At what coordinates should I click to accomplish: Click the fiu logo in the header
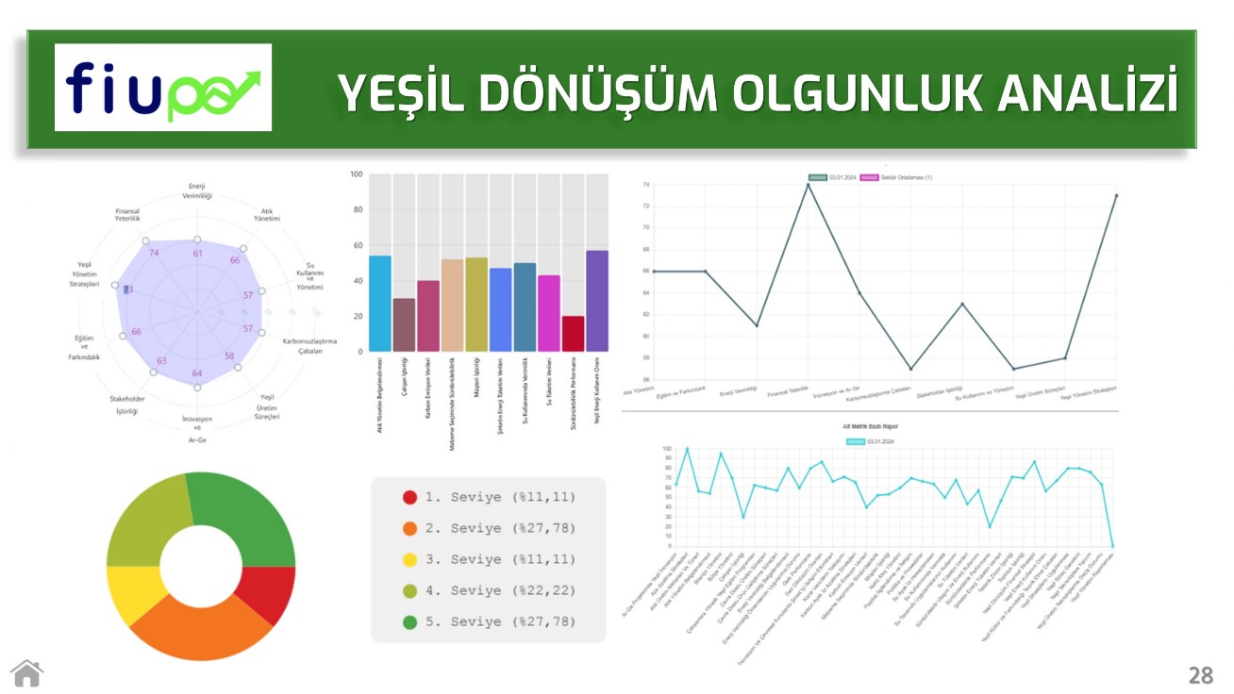click(162, 88)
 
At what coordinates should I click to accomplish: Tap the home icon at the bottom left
click(27, 673)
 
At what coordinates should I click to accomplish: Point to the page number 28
click(1200, 675)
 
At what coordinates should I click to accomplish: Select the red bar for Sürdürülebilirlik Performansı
click(573, 334)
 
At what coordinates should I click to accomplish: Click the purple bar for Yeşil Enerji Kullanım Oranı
click(596, 301)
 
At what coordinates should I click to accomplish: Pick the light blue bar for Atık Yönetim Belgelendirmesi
click(380, 304)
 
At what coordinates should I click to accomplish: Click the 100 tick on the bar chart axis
click(357, 174)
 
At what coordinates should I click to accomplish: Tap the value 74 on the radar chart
click(154, 253)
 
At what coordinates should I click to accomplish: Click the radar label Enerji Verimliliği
click(197, 191)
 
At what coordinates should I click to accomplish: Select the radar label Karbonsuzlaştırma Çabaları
click(309, 345)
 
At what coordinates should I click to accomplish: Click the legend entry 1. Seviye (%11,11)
click(487, 497)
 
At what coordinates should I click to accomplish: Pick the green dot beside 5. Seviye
click(409, 622)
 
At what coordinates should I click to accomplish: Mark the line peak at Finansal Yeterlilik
click(808, 185)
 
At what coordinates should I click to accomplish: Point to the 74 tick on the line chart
click(645, 185)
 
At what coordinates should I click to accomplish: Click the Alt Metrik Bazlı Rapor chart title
click(870, 427)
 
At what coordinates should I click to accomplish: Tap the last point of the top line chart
click(1116, 195)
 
